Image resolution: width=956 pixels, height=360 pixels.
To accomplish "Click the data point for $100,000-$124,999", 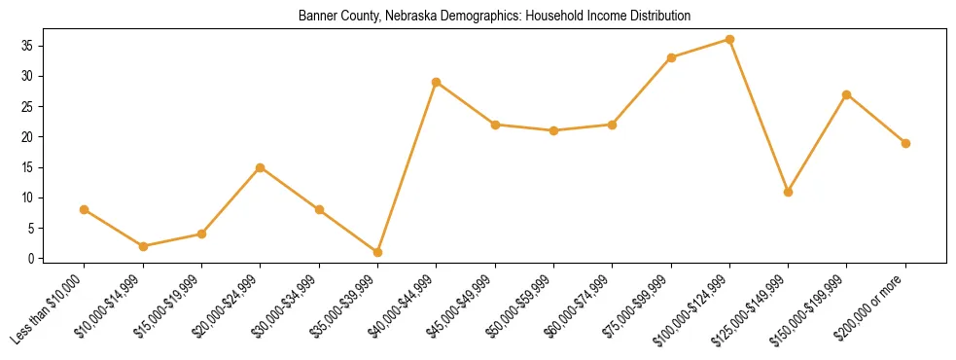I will (729, 40).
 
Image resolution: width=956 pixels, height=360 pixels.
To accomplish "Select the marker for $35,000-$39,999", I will (377, 252).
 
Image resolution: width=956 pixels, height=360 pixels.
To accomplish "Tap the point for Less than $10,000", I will (85, 209).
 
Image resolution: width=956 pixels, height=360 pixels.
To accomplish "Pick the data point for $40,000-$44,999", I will (437, 82).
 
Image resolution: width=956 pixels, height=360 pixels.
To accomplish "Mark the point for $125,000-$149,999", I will (788, 192).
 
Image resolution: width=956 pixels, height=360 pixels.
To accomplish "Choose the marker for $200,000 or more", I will (905, 143).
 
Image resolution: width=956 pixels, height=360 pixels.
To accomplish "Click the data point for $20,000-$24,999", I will (260, 167).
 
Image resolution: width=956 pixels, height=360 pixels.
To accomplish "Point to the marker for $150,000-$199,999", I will (847, 94).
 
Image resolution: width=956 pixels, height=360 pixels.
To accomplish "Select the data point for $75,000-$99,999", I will (671, 57).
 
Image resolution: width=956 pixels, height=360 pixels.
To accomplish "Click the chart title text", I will (495, 16).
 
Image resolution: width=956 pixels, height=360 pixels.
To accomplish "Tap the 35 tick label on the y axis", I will (32, 46).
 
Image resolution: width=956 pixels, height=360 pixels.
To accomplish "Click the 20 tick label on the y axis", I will (32, 137).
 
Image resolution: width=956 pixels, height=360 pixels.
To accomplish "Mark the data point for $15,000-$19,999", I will (201, 234).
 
